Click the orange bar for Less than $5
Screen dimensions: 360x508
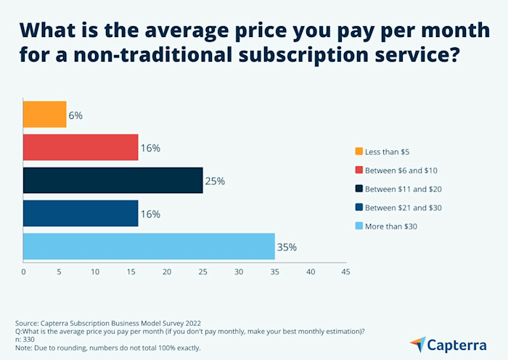(44, 114)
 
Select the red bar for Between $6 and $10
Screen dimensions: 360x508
(81, 147)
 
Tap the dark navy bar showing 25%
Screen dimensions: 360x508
(112, 180)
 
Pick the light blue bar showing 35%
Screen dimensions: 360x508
(149, 247)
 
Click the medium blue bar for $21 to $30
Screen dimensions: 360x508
(81, 213)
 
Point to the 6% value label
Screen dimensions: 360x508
(75, 115)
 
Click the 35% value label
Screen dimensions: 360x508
(287, 247)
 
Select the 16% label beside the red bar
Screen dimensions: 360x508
(150, 147)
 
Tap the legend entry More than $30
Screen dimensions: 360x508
(390, 226)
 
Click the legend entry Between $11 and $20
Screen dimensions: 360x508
(403, 189)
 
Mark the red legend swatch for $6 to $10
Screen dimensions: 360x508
(359, 170)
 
